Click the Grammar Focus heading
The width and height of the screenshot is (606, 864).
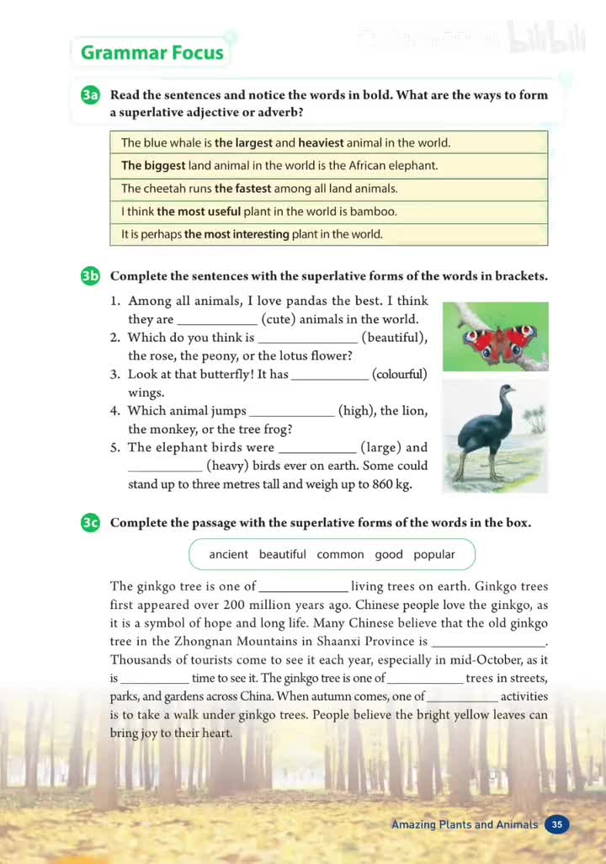click(x=151, y=53)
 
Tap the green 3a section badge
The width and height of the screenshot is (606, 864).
click(x=91, y=95)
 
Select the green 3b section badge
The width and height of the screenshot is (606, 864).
click(x=91, y=276)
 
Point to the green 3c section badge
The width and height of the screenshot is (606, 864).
click(x=91, y=523)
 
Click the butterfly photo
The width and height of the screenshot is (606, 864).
click(x=496, y=336)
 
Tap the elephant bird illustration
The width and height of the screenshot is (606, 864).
click(x=495, y=436)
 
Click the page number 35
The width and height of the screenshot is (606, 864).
click(x=557, y=824)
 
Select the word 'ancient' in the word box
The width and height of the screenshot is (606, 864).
click(x=228, y=554)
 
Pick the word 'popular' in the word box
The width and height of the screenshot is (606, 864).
click(x=434, y=554)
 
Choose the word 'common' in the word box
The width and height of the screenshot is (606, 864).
click(x=340, y=554)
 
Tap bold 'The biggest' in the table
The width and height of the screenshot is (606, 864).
click(x=153, y=166)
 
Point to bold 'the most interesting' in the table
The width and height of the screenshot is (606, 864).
click(x=237, y=234)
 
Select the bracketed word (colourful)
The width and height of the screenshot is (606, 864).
click(x=400, y=374)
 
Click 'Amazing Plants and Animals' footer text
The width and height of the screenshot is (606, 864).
click(x=465, y=824)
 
